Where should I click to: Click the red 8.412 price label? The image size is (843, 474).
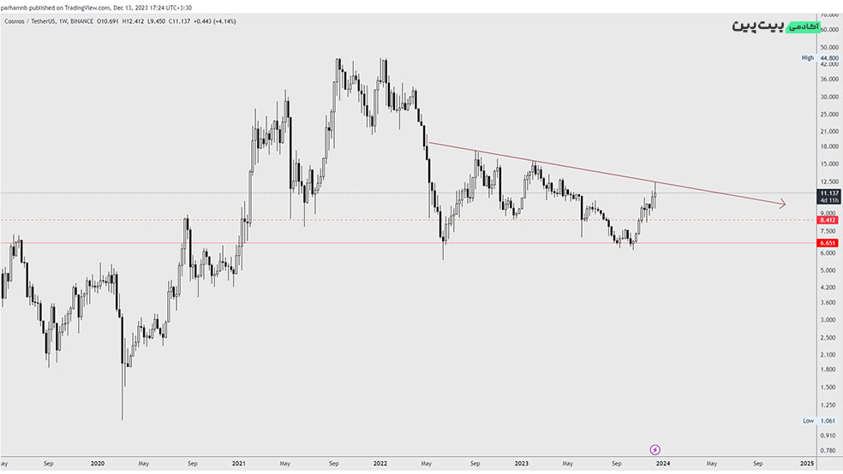[x=828, y=220]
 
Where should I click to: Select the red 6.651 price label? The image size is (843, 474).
[x=828, y=243]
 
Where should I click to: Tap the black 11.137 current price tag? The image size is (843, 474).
[x=828, y=193]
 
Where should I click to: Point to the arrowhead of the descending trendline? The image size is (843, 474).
[x=782, y=204]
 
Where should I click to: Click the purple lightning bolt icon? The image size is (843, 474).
[x=655, y=448]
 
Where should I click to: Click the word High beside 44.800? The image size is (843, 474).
[x=807, y=57]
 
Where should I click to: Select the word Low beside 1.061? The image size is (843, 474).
[x=808, y=421]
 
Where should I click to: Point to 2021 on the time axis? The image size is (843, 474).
[x=239, y=463]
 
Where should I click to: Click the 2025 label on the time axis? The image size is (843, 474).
[x=805, y=463]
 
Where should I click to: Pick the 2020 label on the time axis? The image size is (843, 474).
[x=97, y=463]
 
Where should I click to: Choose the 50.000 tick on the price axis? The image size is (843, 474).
[x=828, y=47]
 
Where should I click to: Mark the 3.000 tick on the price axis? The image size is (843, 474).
[x=828, y=319]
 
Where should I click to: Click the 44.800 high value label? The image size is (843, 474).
[x=828, y=57]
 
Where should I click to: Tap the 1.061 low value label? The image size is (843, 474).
[x=828, y=421]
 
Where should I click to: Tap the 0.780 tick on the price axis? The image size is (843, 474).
[x=828, y=450]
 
